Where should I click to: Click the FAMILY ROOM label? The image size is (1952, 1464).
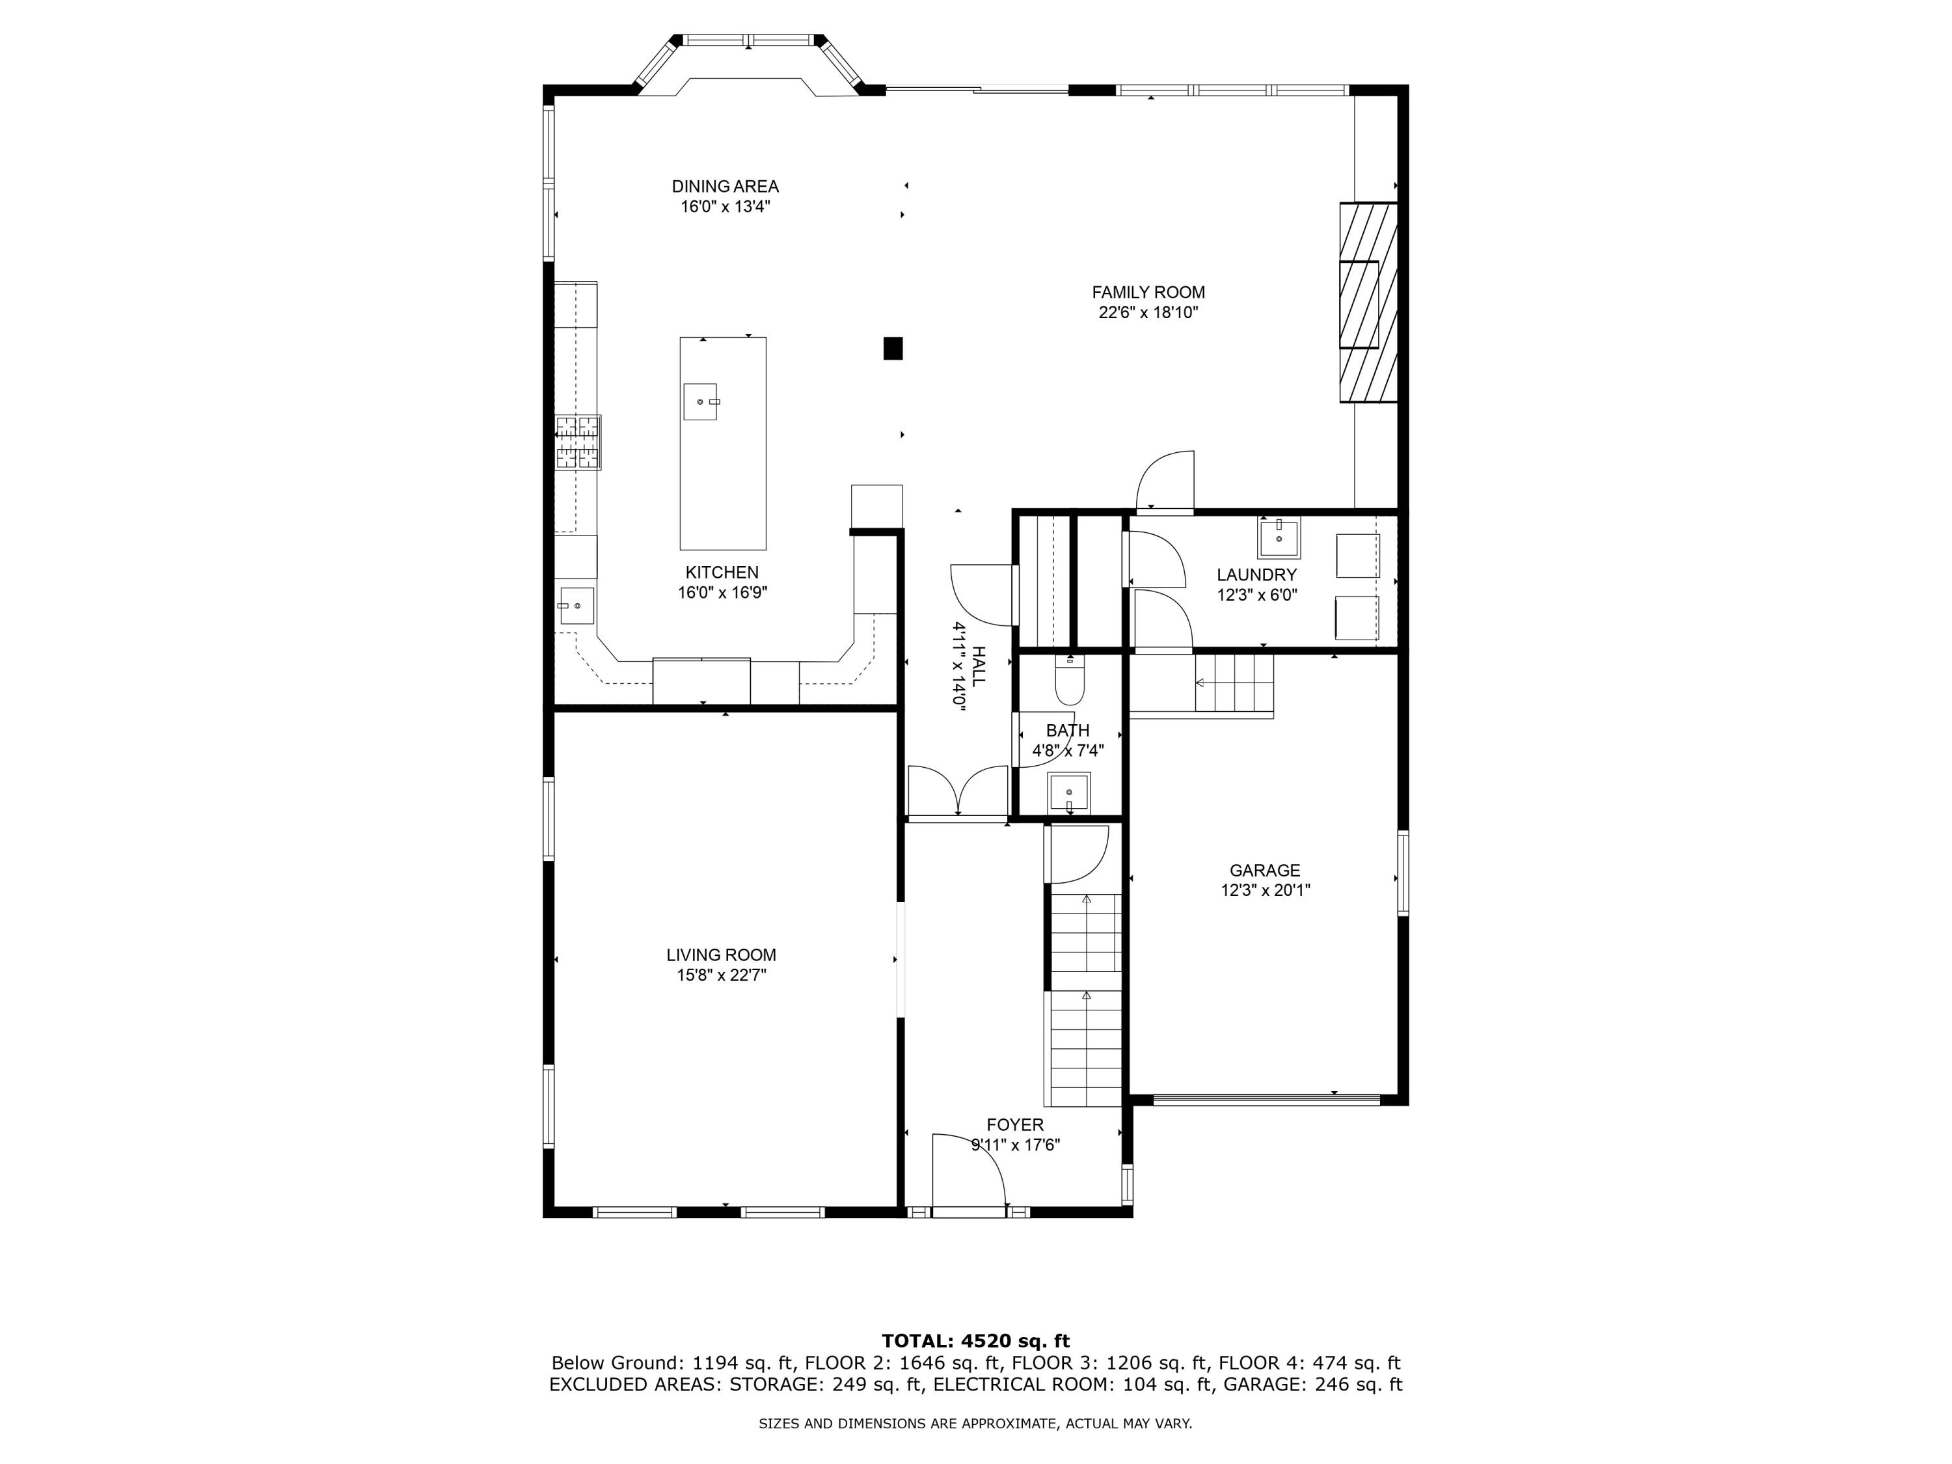1147,292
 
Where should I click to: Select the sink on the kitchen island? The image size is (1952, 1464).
701,401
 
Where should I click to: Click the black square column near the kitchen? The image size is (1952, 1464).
893,349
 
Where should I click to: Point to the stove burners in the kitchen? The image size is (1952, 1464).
578,442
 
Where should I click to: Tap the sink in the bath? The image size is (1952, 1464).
1068,793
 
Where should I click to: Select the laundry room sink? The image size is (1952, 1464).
1279,537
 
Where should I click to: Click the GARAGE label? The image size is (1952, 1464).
1264,870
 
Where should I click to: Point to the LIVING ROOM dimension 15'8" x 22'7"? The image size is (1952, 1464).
721,975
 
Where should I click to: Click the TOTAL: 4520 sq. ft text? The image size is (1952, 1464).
975,1341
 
